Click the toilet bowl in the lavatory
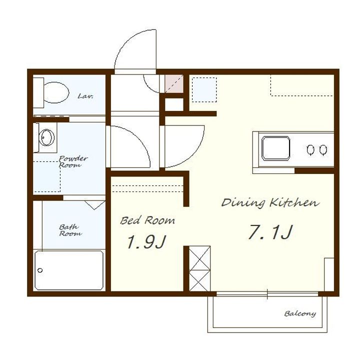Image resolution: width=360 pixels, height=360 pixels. point(56,92)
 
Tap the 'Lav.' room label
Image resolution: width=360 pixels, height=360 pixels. point(85,96)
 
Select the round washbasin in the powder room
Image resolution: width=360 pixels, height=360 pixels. point(46,137)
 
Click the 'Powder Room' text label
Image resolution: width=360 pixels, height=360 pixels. point(73,161)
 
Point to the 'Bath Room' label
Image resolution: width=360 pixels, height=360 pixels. point(70,230)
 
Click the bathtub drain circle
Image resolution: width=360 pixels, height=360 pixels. point(40,270)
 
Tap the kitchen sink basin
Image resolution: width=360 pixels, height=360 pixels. point(275,148)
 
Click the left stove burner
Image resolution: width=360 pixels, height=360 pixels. point(310,150)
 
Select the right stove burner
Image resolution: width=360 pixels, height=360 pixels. point(323,150)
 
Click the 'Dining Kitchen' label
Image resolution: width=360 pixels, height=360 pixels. point(270,202)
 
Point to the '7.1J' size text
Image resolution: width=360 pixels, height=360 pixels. point(270,232)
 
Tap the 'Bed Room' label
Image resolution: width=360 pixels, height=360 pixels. point(147,220)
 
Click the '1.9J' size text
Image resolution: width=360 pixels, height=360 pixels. point(146,242)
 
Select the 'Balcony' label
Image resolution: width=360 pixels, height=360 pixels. point(300,313)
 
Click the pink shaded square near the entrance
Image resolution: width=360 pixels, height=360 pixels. point(174,84)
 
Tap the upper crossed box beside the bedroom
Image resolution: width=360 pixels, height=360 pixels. point(199,258)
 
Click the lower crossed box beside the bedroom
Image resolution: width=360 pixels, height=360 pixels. point(199,280)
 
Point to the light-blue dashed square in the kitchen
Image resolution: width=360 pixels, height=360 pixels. point(204,90)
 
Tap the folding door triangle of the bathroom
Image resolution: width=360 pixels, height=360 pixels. point(95,205)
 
